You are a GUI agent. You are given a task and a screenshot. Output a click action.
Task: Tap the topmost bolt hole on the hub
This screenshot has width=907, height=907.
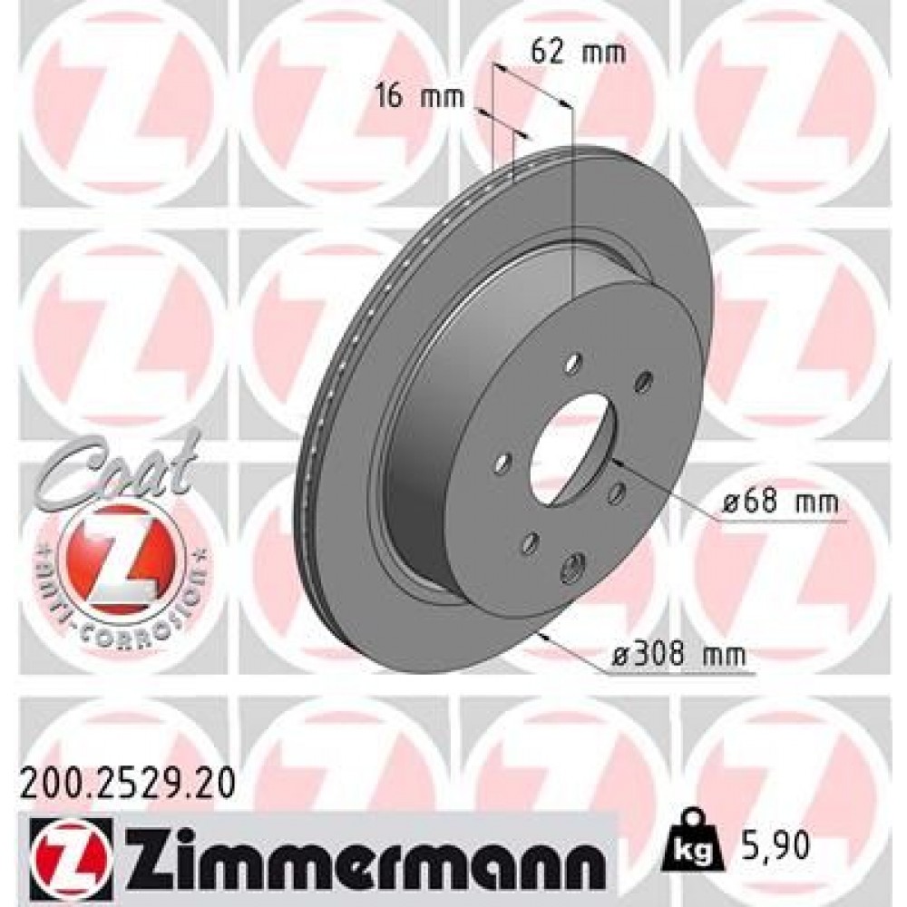point(572,364)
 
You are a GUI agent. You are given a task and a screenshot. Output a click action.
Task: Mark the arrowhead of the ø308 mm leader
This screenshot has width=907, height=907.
point(542,636)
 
